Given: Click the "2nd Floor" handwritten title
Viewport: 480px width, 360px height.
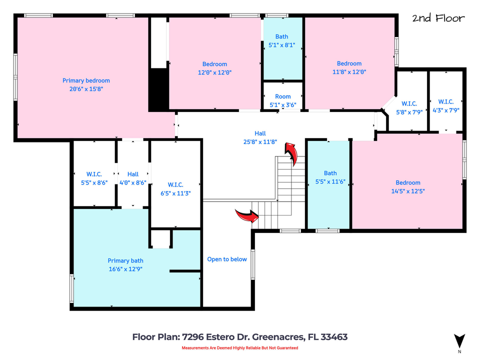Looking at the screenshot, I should click(x=438, y=18).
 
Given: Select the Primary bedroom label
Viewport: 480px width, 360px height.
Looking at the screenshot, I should click(x=86, y=80).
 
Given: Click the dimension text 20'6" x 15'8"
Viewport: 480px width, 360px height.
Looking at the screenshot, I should click(x=86, y=88).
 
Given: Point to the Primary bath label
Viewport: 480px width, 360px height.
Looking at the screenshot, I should click(x=125, y=260).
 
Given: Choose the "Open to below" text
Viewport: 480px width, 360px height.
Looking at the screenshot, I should click(x=227, y=259).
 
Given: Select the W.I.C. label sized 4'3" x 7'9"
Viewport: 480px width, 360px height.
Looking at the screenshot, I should click(x=445, y=102).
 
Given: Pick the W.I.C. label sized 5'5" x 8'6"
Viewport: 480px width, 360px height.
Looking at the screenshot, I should click(x=94, y=174).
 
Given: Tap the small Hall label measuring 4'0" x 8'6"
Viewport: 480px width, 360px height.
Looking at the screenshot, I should click(x=132, y=174).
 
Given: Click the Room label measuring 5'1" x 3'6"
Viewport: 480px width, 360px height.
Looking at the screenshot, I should click(x=282, y=96).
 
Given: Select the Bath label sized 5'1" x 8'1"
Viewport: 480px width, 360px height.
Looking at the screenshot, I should click(x=281, y=36).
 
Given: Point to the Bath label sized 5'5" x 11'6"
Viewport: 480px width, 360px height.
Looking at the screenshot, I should click(x=330, y=173).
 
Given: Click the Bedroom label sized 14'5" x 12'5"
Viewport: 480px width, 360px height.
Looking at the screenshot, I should click(x=408, y=182).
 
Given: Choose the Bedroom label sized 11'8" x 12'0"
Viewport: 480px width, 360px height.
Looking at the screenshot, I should click(x=349, y=63).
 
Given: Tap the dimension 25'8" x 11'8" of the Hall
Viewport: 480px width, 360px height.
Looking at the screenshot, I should click(x=260, y=141).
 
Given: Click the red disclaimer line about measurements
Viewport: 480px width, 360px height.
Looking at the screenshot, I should click(x=239, y=348).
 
